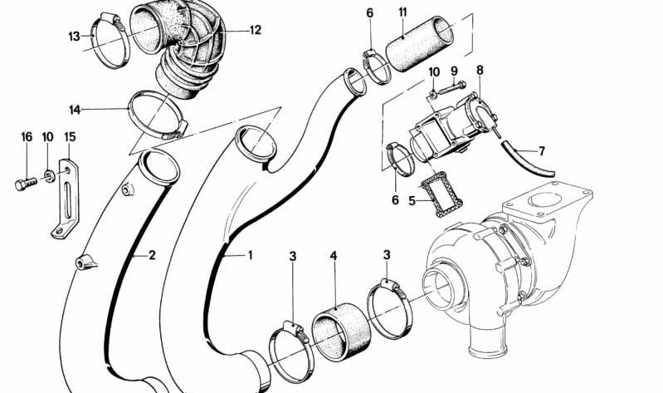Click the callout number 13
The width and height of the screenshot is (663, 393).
(74, 36)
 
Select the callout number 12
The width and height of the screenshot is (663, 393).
(255, 30)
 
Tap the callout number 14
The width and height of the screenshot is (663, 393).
(76, 109)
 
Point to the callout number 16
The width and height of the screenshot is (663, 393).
(26, 136)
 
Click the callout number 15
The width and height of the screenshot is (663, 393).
(70, 136)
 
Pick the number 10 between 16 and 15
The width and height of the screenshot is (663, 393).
(48, 136)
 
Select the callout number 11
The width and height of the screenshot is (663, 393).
(402, 12)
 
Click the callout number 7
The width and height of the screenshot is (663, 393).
(542, 151)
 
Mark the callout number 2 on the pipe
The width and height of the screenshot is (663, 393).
(152, 255)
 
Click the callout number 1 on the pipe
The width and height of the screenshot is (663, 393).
(250, 255)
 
